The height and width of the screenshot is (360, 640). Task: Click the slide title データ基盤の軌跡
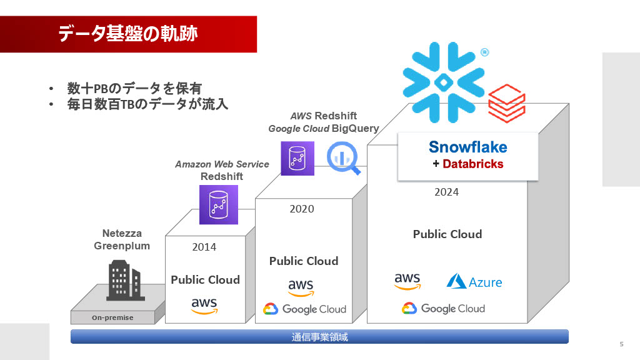(127, 34)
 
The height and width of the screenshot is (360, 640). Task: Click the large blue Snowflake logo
(444, 82)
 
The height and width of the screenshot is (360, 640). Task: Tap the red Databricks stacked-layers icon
(506, 103)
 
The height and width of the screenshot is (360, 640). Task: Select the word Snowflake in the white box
(467, 147)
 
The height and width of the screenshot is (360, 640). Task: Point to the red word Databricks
(472, 164)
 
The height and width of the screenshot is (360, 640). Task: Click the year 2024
(446, 192)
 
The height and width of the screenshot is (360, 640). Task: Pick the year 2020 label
(302, 209)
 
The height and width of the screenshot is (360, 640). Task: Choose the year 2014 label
(204, 247)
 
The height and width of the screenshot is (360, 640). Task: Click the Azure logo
(474, 282)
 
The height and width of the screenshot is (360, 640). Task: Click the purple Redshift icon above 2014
(218, 204)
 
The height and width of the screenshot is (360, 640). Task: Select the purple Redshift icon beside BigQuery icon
(297, 158)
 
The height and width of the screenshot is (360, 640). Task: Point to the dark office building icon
(125, 281)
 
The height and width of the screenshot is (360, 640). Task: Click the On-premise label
(112, 317)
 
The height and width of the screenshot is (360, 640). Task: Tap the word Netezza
(122, 233)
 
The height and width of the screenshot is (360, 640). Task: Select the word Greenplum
(122, 246)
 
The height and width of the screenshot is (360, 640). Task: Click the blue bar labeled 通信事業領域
(319, 337)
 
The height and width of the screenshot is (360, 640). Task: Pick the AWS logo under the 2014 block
(204, 306)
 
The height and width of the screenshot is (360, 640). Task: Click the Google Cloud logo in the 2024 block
(443, 309)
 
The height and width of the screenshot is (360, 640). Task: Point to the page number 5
(621, 344)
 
